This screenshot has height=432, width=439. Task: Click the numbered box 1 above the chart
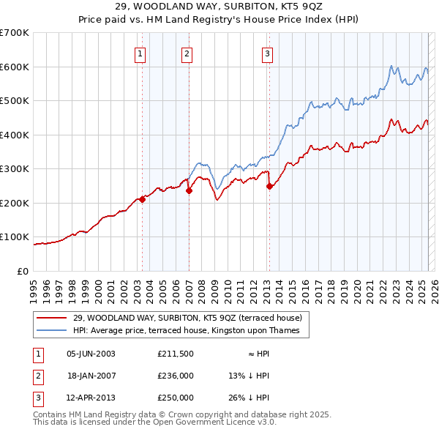[x=140, y=53]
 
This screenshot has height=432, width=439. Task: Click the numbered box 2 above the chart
[x=187, y=53]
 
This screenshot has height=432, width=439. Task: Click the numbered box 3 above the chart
[x=268, y=53]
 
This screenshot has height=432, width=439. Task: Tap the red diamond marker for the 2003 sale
[x=142, y=200]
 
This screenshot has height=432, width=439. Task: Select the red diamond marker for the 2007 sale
[x=189, y=191]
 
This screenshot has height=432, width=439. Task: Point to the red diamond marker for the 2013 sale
[x=269, y=186]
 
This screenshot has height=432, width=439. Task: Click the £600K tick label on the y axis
[x=15, y=67]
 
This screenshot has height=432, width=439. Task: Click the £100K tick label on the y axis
[x=15, y=237]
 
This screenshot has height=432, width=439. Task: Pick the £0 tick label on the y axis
[x=22, y=271]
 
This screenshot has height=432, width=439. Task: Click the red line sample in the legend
[x=52, y=317]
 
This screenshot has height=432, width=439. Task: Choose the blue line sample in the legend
[x=52, y=330]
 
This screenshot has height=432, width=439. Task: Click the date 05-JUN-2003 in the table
[x=91, y=354]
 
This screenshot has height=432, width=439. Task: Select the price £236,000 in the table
[x=176, y=376]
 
